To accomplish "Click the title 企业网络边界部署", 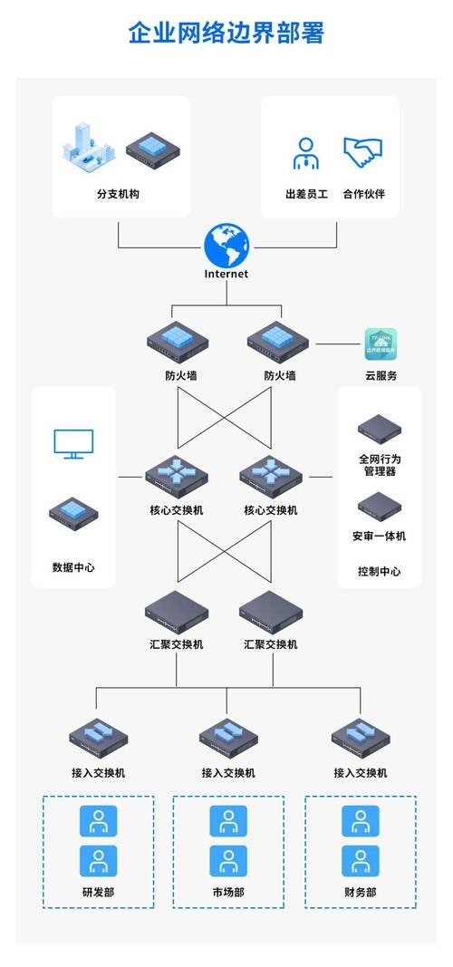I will tap(226, 34).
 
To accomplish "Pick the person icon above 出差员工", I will tap(305, 153).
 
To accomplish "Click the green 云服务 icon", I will tap(381, 344).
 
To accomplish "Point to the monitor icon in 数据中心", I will tap(73, 444).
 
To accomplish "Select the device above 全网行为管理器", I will tap(379, 427).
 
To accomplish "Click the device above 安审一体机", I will tap(379, 505).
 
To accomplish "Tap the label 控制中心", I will tap(379, 572).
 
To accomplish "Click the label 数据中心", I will tap(73, 568).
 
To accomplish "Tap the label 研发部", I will tap(98, 893).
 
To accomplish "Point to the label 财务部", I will tap(360, 893).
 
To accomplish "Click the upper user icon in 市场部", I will tap(228, 821).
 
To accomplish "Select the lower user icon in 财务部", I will tap(360, 861).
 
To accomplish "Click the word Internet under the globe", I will tap(226, 274).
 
